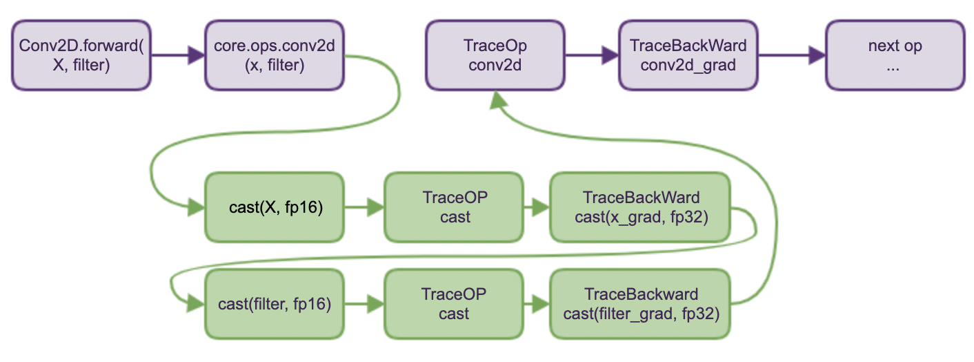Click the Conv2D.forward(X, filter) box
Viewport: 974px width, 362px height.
81,55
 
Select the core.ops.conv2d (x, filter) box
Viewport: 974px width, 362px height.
275,55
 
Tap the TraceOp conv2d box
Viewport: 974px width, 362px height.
495,55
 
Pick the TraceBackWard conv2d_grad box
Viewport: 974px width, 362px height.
688,55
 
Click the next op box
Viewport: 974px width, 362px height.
895,55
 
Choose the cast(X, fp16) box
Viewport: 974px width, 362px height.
275,207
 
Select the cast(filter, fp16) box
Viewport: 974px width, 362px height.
275,304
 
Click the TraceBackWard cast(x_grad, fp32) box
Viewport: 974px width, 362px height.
640,207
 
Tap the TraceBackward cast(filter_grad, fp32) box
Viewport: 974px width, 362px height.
640,304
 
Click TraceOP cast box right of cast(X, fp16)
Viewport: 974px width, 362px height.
454,207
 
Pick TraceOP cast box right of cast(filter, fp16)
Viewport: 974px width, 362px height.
454,304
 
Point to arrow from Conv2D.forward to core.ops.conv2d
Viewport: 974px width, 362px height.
178,55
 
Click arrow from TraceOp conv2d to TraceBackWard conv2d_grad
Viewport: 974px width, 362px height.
592,55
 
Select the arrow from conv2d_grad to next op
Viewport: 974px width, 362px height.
792,55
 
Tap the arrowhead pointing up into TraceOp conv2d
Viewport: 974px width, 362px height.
498,100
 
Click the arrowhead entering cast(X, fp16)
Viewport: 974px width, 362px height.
196,207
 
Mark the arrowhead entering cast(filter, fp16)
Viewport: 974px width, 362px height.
196,304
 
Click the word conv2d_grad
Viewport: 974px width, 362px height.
688,66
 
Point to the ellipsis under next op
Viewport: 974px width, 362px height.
893,69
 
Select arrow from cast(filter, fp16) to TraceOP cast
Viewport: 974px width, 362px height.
364,304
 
